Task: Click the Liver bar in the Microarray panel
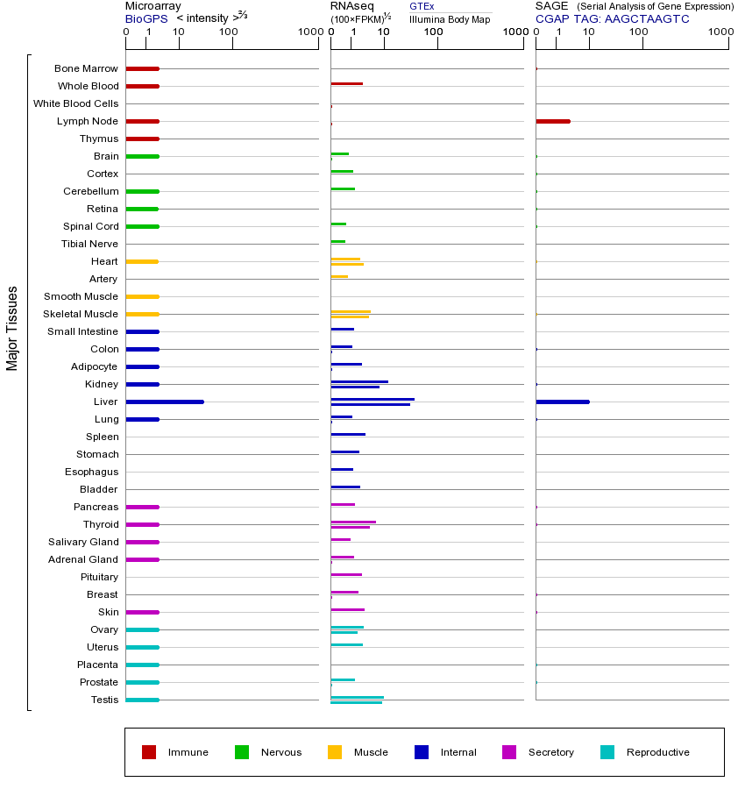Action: coord(165,402)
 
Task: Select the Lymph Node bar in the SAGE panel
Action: coord(553,121)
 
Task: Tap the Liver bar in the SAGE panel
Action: coord(563,402)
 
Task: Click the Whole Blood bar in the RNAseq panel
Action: coord(346,84)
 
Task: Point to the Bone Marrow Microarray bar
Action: coord(142,68)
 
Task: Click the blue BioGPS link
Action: coord(146,18)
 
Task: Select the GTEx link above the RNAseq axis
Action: coord(422,6)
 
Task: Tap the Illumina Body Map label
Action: coord(450,18)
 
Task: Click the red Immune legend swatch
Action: coord(149,752)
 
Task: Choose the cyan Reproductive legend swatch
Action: coord(607,752)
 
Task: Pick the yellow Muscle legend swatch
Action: coord(335,752)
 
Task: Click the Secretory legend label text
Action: coord(550,752)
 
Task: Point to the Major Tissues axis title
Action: coord(12,328)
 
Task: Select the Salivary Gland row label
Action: coord(83,542)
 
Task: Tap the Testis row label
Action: coord(104,700)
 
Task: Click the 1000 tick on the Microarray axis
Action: coord(309,32)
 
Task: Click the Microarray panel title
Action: coord(153,6)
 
